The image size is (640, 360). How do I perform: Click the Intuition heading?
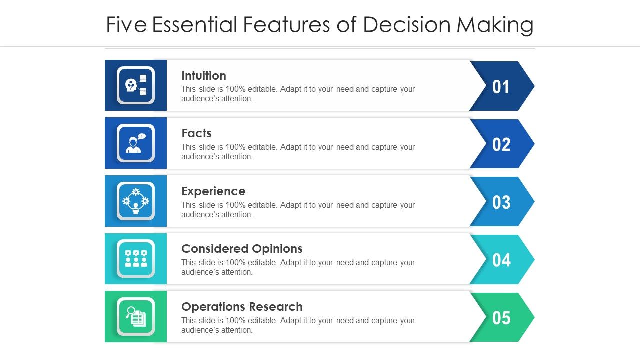[x=203, y=76]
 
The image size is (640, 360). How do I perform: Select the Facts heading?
[x=196, y=133]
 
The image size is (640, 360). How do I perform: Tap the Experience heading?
[x=213, y=191]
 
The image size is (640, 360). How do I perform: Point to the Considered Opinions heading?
[x=242, y=249]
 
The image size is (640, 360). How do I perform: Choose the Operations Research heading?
[x=242, y=307]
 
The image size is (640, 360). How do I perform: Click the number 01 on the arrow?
[x=501, y=87]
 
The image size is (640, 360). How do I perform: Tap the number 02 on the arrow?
[x=501, y=145]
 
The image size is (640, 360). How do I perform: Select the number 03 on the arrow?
[x=501, y=202]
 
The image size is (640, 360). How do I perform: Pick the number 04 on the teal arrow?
[x=501, y=260]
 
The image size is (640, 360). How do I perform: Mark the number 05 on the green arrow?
[x=501, y=318]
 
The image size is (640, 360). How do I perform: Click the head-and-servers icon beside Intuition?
[x=136, y=85]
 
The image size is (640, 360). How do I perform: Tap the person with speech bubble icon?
[x=136, y=143]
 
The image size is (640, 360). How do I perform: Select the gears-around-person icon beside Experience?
[x=136, y=201]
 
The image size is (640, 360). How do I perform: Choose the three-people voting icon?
[x=136, y=259]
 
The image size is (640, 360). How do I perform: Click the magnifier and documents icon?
[x=136, y=316]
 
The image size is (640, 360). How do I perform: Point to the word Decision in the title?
[x=407, y=25]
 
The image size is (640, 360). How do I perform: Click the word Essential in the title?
[x=194, y=25]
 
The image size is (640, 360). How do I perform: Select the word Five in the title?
[x=126, y=25]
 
